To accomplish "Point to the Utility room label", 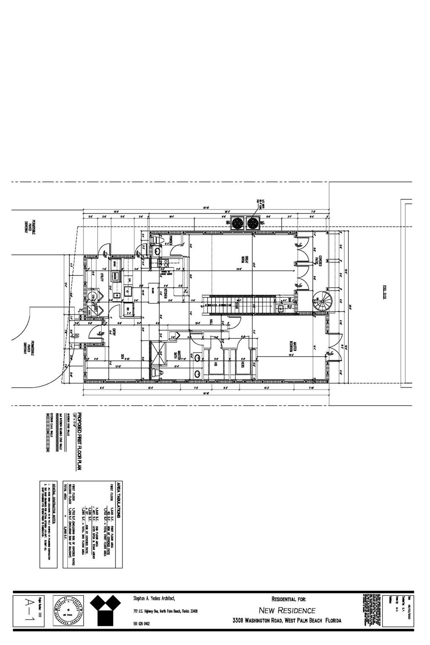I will tap(102, 277).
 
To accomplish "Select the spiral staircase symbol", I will tap(323, 301).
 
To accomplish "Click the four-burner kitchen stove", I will tap(163, 263).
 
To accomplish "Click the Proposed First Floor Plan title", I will tap(79, 441).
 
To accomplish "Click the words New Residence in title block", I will tap(287, 610).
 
